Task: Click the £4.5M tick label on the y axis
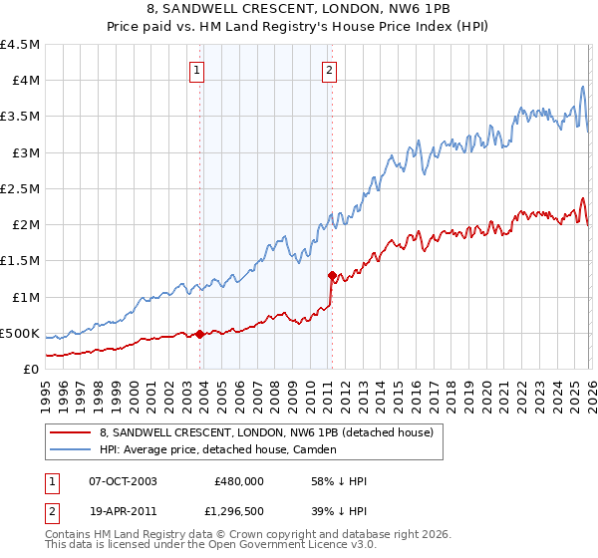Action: click(21, 45)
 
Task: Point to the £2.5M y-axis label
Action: click(21, 188)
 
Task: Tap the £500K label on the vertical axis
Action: click(21, 333)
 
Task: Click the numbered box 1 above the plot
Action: click(197, 71)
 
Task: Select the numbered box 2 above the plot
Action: click(329, 71)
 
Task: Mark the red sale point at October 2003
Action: click(200, 334)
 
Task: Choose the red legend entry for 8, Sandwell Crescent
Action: click(266, 432)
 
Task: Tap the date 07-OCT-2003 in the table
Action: click(122, 480)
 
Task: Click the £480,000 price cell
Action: click(239, 480)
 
